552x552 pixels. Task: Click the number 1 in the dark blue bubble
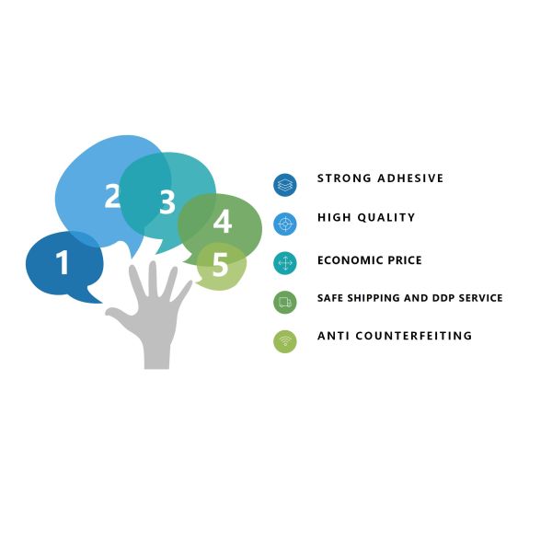point(63,264)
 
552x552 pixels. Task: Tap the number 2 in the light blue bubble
point(112,196)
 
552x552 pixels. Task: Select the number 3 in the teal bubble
point(167,202)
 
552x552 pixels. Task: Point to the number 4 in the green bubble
point(223,223)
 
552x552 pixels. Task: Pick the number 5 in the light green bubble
point(220,265)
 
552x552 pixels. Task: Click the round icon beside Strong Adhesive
point(285,185)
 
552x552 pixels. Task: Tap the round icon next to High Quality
point(285,224)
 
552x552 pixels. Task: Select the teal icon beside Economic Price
point(285,263)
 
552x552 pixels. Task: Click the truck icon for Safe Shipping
point(285,302)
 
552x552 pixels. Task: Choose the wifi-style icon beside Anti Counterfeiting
point(285,341)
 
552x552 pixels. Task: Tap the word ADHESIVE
point(410,178)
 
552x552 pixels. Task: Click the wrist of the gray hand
point(157,354)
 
